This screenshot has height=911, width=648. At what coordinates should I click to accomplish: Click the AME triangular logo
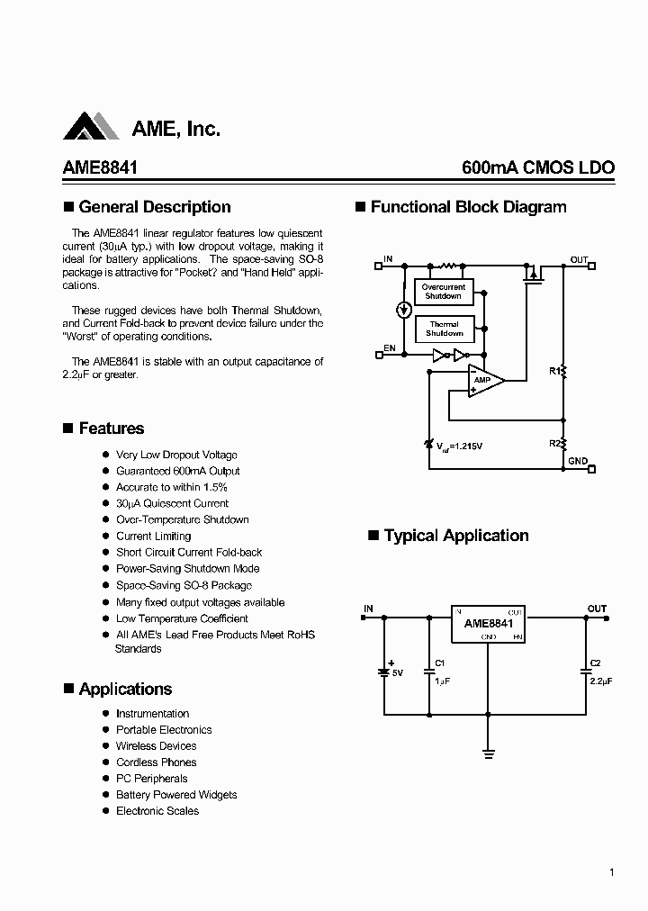click(92, 127)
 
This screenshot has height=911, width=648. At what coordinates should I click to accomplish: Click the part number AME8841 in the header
click(100, 168)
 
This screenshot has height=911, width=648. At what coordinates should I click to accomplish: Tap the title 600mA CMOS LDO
click(537, 168)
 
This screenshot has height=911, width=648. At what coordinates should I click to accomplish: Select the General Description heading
click(154, 207)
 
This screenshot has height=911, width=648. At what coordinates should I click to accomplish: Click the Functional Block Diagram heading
click(468, 207)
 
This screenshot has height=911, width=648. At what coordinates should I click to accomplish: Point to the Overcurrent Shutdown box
click(444, 292)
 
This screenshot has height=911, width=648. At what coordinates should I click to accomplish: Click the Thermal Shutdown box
click(444, 329)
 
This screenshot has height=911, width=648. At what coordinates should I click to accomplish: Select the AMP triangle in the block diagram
click(484, 380)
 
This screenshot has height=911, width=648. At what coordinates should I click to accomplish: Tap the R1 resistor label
click(554, 370)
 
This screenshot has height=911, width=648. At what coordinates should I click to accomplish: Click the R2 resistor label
click(554, 443)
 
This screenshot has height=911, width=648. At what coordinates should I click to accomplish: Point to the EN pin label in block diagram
click(389, 347)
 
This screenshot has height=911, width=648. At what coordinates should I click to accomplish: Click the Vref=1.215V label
click(461, 446)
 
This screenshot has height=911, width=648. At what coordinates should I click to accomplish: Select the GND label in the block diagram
click(577, 461)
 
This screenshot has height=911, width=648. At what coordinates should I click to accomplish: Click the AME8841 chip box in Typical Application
click(489, 623)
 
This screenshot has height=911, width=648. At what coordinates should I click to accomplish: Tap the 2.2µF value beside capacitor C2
click(601, 681)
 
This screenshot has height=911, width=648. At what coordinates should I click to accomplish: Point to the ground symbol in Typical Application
click(489, 753)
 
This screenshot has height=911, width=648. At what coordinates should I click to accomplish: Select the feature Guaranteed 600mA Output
click(177, 471)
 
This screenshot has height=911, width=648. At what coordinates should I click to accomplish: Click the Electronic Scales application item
click(157, 811)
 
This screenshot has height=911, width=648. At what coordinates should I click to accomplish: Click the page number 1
click(611, 872)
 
